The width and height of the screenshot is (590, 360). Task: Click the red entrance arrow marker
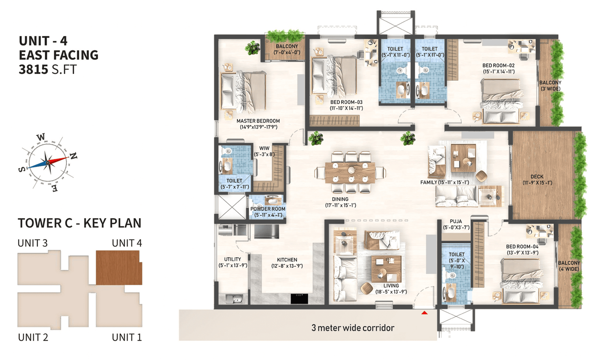(424, 312)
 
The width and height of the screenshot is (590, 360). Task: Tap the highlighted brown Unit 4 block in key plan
(119, 268)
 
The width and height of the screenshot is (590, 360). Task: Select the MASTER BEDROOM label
(258, 121)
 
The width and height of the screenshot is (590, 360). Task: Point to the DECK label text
(537, 176)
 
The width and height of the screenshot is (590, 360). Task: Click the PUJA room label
(456, 221)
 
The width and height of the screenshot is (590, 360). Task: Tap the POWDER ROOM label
(268, 209)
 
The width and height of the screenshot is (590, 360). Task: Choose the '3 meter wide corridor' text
(353, 328)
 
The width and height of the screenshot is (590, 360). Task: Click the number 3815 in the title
(34, 70)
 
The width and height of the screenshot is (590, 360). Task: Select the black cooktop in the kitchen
(299, 299)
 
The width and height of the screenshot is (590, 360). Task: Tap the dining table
(350, 173)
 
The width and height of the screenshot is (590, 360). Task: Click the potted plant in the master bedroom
(253, 48)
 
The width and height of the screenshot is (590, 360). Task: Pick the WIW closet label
(264, 148)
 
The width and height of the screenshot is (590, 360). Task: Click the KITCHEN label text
(287, 260)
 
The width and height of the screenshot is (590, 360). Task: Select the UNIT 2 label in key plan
(33, 338)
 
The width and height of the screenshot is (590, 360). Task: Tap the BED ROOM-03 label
(346, 102)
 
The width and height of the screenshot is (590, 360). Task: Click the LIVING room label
(391, 286)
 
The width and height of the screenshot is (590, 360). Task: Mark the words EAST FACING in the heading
(59, 55)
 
